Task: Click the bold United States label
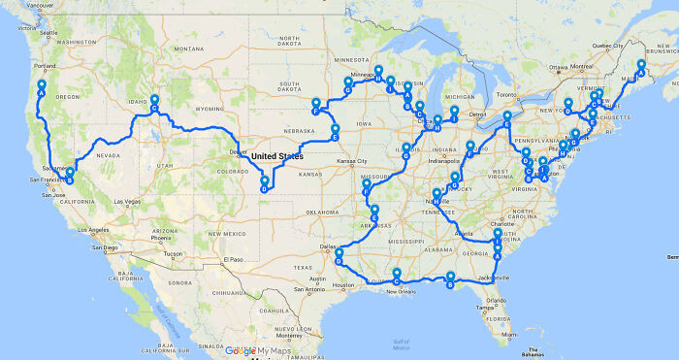277,156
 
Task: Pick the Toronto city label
506,95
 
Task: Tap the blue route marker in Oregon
42,87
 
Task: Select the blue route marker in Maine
640,67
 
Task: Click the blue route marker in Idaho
153,103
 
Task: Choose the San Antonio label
313,289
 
